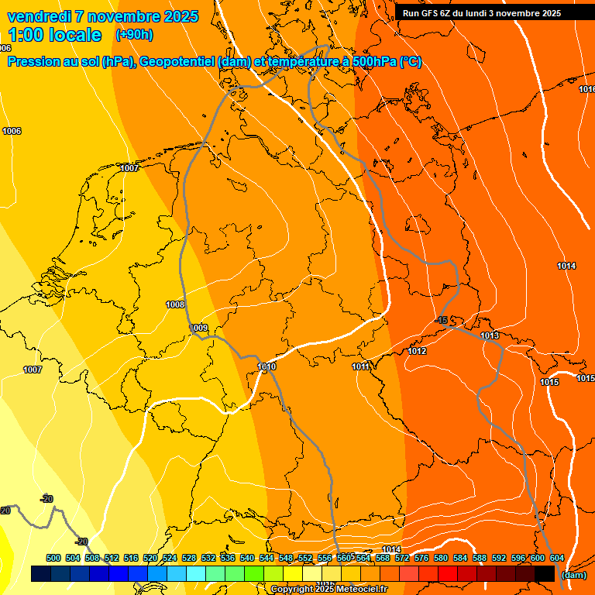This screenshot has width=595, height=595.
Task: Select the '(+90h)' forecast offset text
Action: pos(133,35)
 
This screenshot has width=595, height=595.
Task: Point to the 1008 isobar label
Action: pos(175,305)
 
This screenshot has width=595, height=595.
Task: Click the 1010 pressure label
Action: pos(267,366)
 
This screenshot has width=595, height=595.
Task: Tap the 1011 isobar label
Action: pos(360,366)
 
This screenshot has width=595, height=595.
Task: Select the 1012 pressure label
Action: pos(418,352)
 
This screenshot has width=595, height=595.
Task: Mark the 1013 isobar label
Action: pos(490,335)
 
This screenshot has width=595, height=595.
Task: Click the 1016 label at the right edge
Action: pos(586,90)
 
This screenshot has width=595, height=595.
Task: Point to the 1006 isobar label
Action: pos(12,131)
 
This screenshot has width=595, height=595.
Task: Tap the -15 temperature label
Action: pos(442,321)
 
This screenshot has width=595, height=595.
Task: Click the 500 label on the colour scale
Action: pos(53,558)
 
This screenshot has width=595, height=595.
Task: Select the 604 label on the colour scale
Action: pos(557,558)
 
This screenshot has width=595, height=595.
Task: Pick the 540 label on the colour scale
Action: pos(247,558)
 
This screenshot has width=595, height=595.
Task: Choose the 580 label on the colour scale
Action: pos(441,558)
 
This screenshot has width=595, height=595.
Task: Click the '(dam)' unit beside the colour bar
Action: pos(573,575)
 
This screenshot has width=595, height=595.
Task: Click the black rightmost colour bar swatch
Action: pos(545,573)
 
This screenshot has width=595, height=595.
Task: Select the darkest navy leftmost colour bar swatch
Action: pos(41,573)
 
